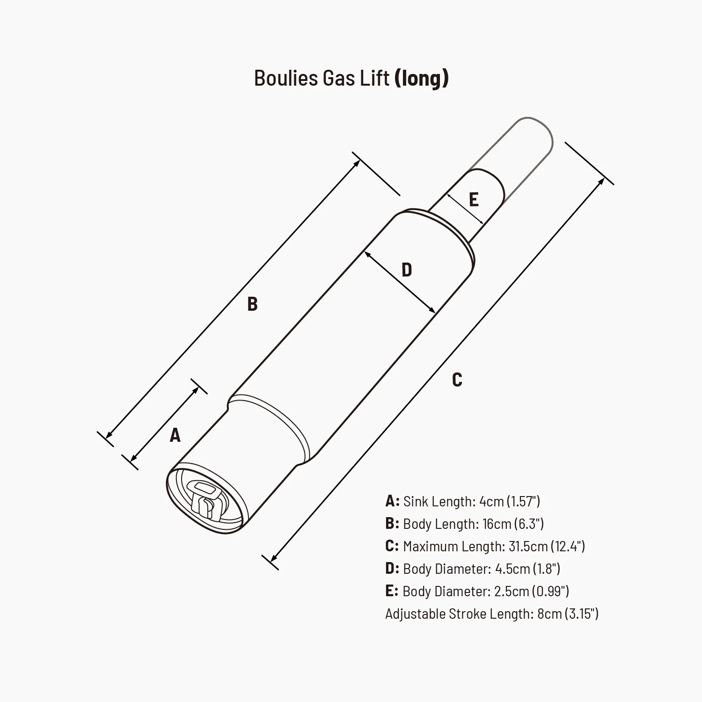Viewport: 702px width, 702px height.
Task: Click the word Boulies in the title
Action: (285, 78)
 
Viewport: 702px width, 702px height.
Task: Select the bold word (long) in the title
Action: (422, 78)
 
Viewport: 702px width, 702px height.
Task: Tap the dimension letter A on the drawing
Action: (175, 435)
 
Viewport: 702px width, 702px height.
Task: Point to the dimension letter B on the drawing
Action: (252, 304)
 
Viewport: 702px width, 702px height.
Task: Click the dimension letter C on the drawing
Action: (457, 380)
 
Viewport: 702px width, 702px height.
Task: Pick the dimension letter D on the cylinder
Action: (407, 270)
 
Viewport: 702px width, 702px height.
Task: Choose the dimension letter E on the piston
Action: (474, 200)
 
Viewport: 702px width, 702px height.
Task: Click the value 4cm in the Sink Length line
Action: (491, 501)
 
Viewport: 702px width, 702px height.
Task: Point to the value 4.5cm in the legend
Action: (512, 569)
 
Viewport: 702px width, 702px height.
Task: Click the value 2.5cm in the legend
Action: (512, 591)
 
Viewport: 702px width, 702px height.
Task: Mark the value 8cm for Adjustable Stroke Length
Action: (549, 614)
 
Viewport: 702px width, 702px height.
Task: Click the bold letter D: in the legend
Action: (392, 569)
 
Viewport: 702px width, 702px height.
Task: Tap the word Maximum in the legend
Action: (430, 546)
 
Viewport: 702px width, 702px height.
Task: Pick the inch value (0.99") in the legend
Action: (550, 591)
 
